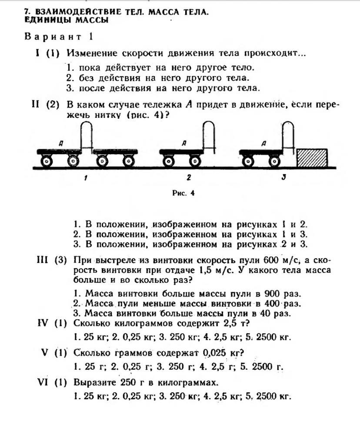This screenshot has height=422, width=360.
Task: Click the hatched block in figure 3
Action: click(x=312, y=158)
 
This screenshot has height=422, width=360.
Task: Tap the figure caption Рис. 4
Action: click(x=183, y=193)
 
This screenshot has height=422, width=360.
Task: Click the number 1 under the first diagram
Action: click(x=85, y=178)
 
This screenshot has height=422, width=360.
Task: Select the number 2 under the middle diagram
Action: click(x=189, y=177)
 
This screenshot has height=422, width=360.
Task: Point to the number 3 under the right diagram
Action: click(x=283, y=177)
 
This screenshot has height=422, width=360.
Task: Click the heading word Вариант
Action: click(x=53, y=37)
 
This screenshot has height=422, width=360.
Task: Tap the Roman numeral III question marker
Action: click(x=42, y=260)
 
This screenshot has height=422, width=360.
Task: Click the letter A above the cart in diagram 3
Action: click(x=264, y=144)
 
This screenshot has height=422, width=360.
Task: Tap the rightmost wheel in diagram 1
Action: click(x=128, y=162)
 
